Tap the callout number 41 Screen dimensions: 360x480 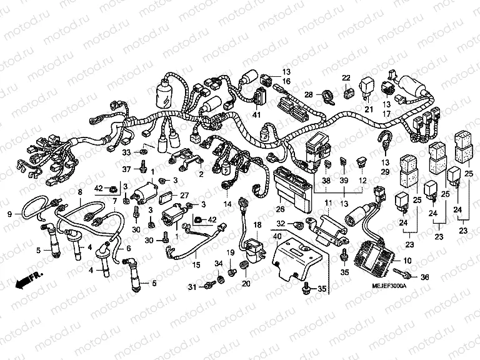pos(256,114)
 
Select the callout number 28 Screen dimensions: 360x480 pos(308,95)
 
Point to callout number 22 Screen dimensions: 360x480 pos(346,78)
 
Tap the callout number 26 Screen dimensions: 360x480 pos(280,209)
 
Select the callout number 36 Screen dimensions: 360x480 pos(425,277)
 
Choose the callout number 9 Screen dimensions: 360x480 pos(9,214)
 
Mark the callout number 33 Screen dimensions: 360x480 pos(125,152)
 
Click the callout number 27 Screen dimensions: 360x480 pos(184,196)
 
